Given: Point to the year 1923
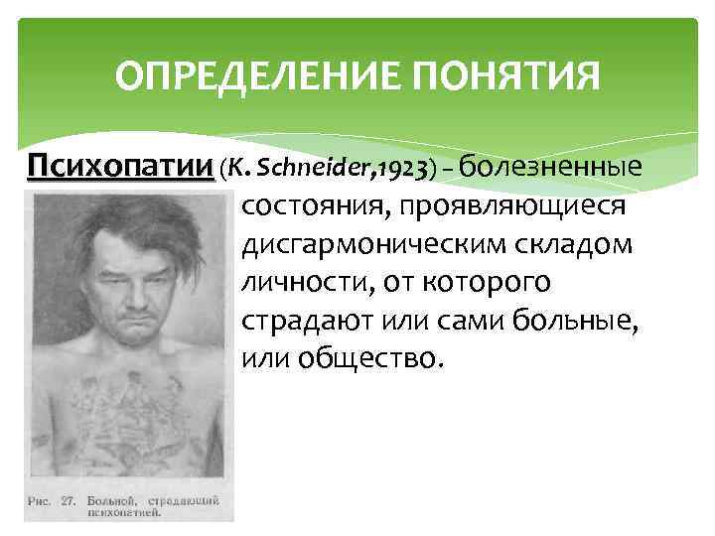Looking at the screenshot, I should (402, 167).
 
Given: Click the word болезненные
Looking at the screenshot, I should (552, 165).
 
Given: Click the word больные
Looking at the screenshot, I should (577, 322).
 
